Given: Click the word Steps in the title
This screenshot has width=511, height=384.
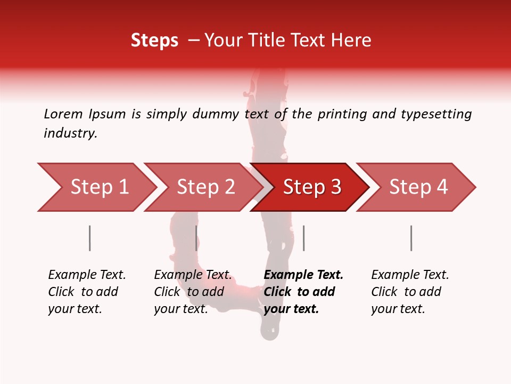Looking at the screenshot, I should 154,41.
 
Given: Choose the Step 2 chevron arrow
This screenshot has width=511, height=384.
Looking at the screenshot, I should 205,187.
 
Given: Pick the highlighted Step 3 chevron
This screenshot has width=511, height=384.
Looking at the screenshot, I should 312,187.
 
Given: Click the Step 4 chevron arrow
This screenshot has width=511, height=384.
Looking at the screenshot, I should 418,187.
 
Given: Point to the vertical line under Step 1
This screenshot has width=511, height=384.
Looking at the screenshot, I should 90,238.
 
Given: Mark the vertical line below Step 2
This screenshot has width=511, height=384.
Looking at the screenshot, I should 196,238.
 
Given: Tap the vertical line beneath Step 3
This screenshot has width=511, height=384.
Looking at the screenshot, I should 303,238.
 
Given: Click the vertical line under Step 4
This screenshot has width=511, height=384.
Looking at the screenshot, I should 411,238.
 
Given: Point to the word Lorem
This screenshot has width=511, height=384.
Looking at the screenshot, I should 63,114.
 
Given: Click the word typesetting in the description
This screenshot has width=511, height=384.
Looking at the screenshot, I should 436,114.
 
